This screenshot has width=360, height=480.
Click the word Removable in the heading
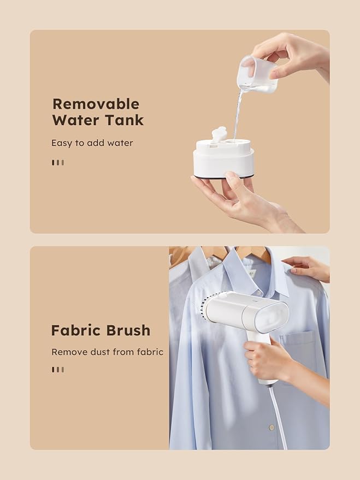pyautogui.click(x=96, y=104)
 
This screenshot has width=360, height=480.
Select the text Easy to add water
pyautogui.click(x=92, y=143)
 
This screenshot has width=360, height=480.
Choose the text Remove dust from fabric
pyautogui.click(x=107, y=352)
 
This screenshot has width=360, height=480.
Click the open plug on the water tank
pyautogui.click(x=219, y=133)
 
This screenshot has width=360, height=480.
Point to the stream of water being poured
pyautogui.click(x=238, y=112)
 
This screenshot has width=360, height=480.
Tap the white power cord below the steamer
pyautogui.click(x=279, y=415)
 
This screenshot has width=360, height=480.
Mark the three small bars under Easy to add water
pyautogui.click(x=58, y=162)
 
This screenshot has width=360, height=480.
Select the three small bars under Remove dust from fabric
pyautogui.click(x=58, y=370)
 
